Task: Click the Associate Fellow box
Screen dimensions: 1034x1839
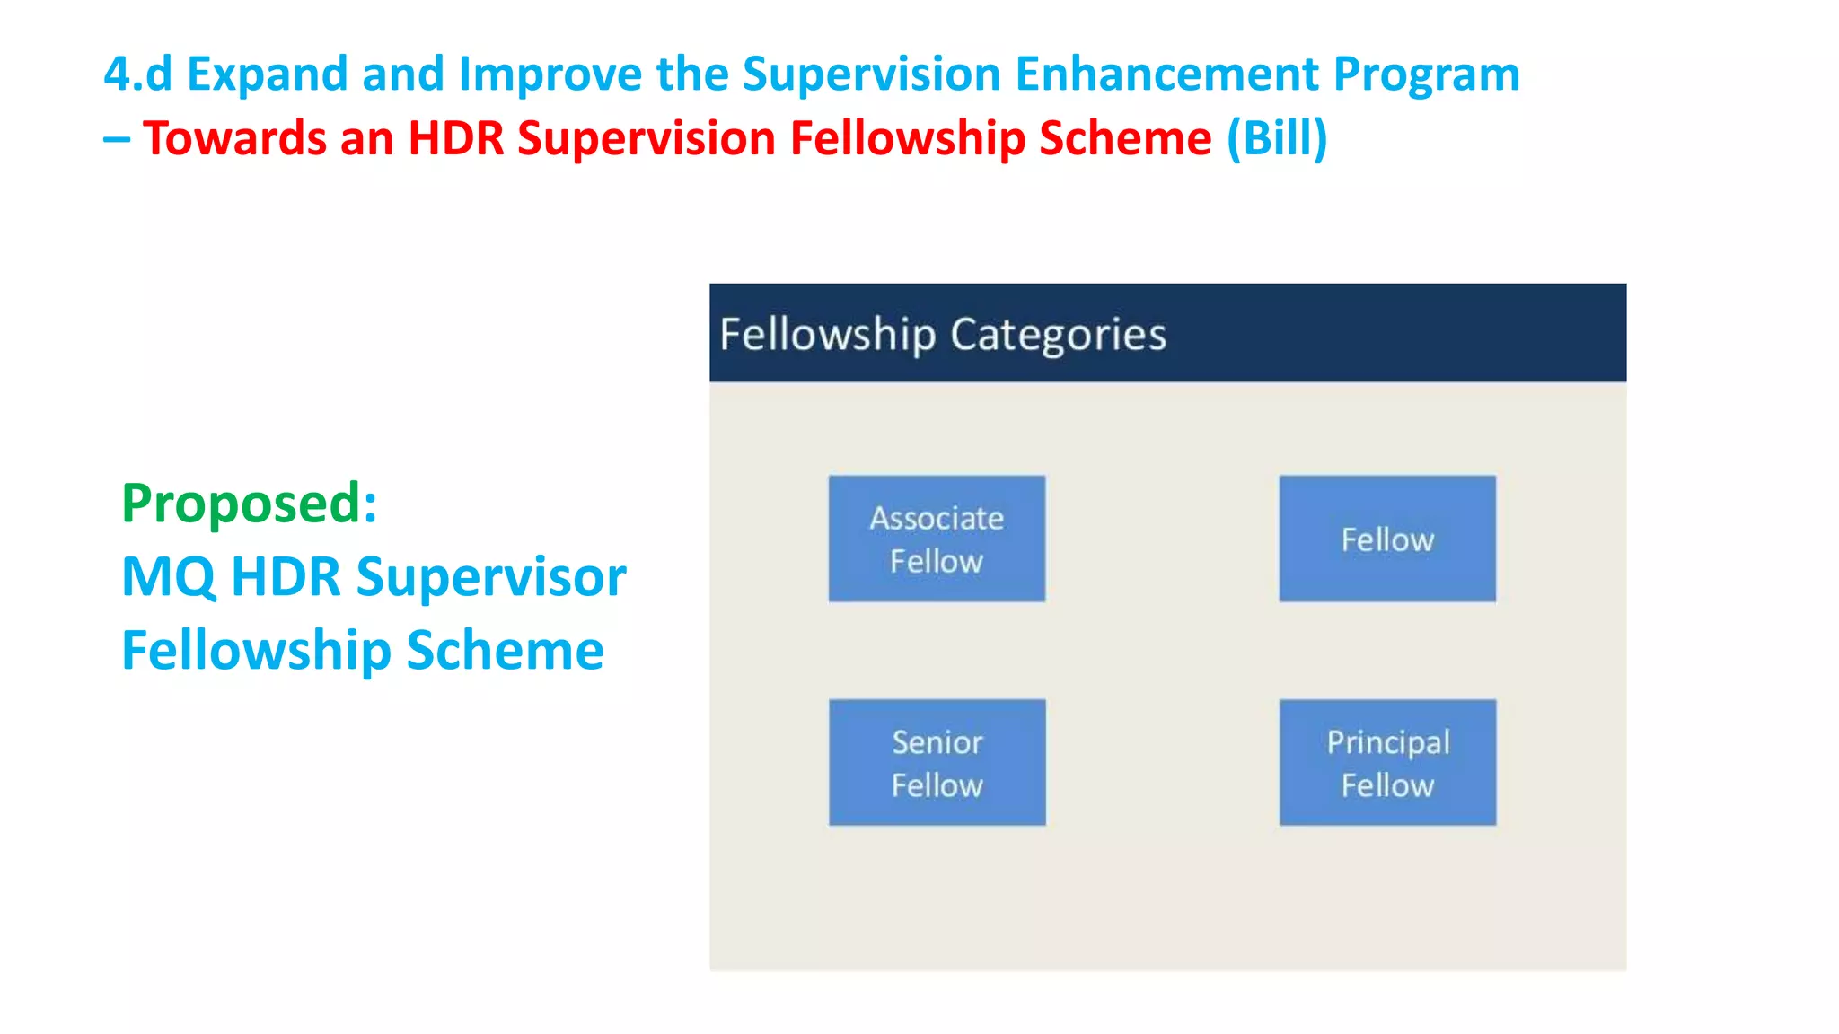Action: [x=937, y=539]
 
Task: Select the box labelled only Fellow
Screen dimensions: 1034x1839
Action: [x=1387, y=539]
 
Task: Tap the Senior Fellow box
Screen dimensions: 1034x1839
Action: [x=937, y=763]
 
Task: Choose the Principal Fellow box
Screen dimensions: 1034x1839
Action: [x=1387, y=763]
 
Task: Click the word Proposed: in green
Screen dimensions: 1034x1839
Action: [x=250, y=503]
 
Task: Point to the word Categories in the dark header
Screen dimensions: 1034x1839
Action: [x=1058, y=335]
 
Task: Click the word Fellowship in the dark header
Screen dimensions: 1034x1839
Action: [x=827, y=335]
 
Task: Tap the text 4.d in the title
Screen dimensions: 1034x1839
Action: [x=137, y=74]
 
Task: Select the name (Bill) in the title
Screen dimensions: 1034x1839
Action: [x=1277, y=138]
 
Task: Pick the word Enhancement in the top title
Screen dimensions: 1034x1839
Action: [x=1166, y=74]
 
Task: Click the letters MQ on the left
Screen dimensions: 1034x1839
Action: [x=168, y=577]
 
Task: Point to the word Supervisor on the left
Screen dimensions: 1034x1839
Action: [x=491, y=577]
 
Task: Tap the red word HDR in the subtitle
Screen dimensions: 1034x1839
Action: [x=456, y=138]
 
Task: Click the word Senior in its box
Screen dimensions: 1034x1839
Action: [x=937, y=742]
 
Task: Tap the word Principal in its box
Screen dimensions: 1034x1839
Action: [x=1387, y=742]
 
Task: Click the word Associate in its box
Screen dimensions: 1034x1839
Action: [x=937, y=518]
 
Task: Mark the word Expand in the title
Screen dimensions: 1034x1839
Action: [x=267, y=74]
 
